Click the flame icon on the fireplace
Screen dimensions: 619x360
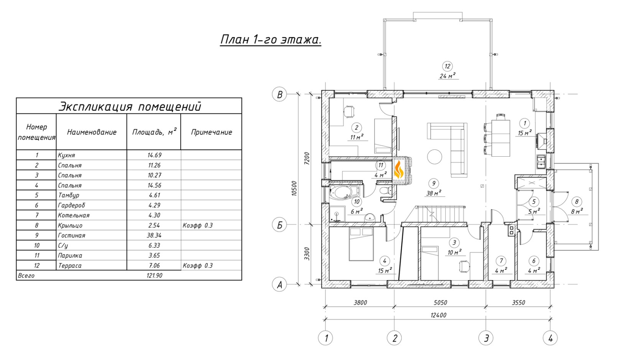pos(399,170)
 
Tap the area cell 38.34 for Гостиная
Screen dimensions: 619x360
pos(154,236)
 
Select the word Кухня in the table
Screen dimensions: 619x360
pos(66,155)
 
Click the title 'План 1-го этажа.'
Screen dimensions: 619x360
pos(271,39)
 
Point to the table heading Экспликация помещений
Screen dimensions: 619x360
pos(130,106)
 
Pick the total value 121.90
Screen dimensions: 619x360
pos(154,275)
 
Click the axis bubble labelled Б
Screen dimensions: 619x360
pos(279,225)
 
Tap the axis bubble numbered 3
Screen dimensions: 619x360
pos(486,338)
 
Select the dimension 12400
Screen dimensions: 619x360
pos(438,315)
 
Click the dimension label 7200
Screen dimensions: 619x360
pos(307,158)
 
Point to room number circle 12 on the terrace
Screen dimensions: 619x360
pos(447,66)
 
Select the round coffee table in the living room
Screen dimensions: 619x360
pos(435,157)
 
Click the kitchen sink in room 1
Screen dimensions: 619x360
pos(541,162)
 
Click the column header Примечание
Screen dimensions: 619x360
pos(212,132)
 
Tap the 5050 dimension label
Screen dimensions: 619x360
pos(440,303)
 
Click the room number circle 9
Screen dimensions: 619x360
pos(433,183)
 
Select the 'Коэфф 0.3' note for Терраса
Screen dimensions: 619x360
pos(198,265)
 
